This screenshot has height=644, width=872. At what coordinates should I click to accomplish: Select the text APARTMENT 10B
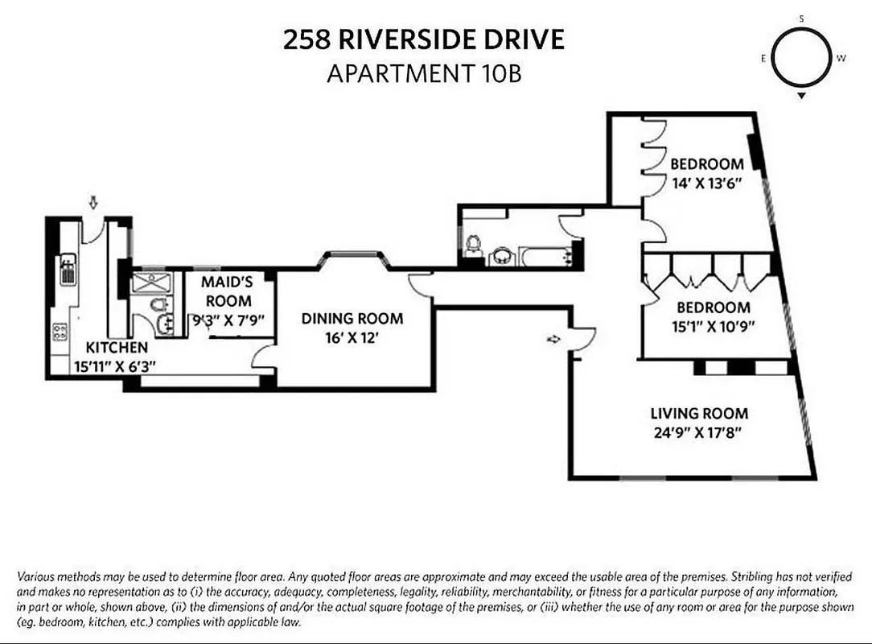tap(424, 74)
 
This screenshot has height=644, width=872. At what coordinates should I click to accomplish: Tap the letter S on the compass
tap(802, 18)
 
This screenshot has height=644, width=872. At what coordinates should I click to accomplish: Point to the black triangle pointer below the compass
tap(802, 96)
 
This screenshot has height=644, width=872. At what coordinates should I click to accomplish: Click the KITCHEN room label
tap(117, 348)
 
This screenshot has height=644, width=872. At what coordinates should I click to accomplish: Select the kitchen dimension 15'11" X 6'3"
tap(114, 365)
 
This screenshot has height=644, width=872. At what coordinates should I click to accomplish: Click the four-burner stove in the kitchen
tap(60, 331)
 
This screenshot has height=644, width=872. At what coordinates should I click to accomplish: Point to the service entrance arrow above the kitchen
tap(94, 203)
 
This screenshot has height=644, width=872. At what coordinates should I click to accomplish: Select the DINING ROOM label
tap(352, 319)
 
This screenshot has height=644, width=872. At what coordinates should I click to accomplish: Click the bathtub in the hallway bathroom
tap(545, 257)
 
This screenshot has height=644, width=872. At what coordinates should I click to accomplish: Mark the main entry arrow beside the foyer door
tap(554, 340)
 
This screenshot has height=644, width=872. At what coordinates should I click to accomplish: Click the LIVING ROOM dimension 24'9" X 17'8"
tap(699, 433)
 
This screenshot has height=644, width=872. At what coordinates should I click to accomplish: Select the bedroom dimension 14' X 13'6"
tap(705, 182)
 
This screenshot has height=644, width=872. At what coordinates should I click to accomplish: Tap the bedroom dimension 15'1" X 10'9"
tap(713, 326)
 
